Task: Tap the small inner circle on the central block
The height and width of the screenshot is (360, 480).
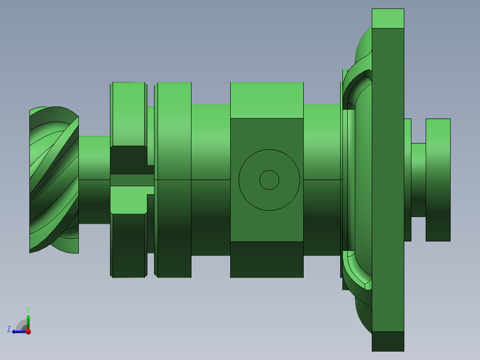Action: tap(269, 180)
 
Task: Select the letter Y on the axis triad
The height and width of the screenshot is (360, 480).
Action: tap(28, 309)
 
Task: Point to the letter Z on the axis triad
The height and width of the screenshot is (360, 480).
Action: tap(9, 329)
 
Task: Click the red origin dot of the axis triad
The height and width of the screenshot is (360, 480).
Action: tap(28, 331)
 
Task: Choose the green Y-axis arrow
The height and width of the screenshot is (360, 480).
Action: tap(28, 321)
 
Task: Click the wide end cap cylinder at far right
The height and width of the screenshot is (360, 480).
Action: tap(438, 180)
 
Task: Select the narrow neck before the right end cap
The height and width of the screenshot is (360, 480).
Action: tap(418, 180)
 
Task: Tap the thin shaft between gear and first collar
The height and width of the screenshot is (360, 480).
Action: tap(94, 180)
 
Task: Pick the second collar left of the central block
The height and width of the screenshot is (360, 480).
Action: tap(175, 180)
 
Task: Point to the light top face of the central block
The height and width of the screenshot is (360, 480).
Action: tap(266, 100)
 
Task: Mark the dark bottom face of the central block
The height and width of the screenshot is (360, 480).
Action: tap(266, 260)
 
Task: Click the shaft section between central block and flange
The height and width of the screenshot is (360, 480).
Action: tap(321, 180)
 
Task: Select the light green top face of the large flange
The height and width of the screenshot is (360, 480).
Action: tap(388, 18)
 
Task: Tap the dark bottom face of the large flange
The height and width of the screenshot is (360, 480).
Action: tap(388, 341)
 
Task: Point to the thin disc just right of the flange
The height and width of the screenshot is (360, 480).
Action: tap(407, 180)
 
